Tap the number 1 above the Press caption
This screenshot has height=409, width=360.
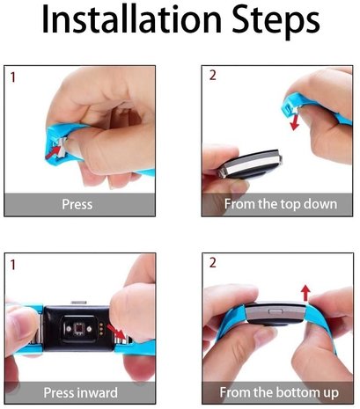(11, 77)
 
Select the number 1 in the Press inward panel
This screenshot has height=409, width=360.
(11, 265)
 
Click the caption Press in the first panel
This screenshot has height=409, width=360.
(77, 204)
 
